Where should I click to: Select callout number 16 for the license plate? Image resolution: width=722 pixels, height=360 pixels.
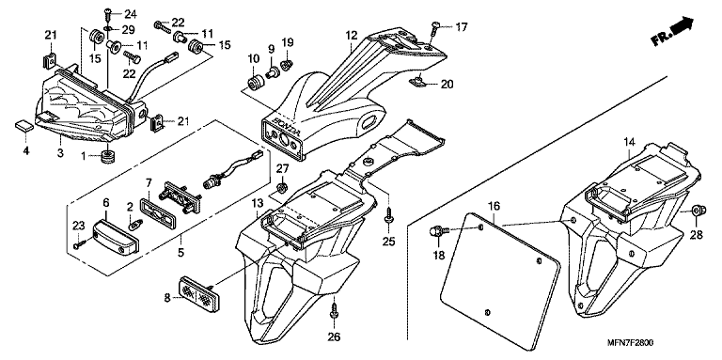tap(494, 206)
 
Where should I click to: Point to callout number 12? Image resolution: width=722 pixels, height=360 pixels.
tap(352, 35)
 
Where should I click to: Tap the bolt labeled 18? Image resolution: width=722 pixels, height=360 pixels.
tap(435, 230)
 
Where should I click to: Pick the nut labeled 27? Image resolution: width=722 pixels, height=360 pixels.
tap(282, 187)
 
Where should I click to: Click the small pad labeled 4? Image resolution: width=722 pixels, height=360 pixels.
tap(24, 126)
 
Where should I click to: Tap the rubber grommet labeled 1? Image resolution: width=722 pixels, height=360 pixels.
tap(108, 156)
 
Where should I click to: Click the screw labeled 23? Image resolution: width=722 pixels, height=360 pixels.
tap(79, 243)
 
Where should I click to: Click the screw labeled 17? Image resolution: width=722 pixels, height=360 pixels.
tap(434, 28)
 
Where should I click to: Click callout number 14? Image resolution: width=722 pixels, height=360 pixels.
tap(630, 142)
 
